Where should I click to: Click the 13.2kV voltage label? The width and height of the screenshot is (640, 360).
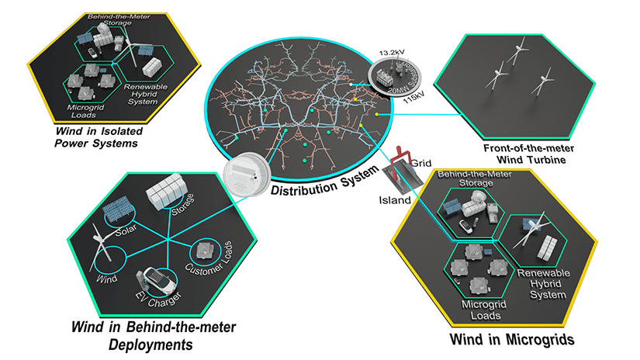[x=390, y=52]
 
